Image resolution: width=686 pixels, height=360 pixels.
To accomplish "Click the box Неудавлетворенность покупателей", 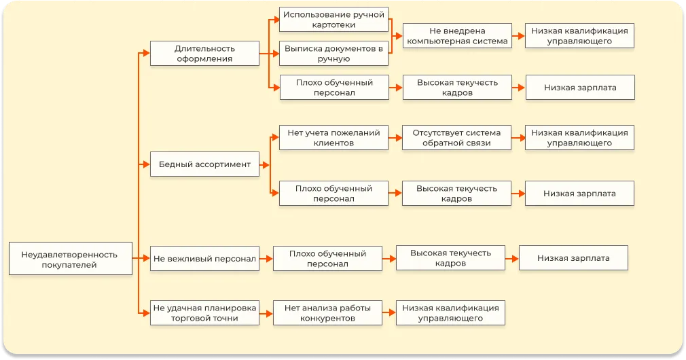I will coord(71,259).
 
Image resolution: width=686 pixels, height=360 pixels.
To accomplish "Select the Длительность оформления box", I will coord(204,54).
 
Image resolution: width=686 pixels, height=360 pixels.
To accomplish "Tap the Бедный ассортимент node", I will coord(204,164).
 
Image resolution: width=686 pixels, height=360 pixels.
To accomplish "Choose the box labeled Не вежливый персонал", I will coord(204,258).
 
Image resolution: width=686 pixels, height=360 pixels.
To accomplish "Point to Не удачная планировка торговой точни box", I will coord(204,312).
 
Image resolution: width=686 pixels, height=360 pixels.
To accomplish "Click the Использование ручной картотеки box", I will coord(333,20).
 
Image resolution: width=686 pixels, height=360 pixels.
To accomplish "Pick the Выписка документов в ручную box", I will coord(333,54).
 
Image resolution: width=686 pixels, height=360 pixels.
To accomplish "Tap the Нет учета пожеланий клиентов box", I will coord(333,138).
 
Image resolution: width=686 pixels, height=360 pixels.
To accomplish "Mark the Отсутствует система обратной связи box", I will coord(457,138).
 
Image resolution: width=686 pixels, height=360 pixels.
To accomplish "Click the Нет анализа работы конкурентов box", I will coord(327,312).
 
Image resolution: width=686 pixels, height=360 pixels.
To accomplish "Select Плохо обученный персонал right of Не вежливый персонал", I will coord(327,258).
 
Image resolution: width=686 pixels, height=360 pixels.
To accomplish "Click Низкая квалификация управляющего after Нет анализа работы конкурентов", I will coord(450,312).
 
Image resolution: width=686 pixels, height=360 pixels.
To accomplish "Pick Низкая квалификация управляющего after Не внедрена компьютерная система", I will coord(579,36).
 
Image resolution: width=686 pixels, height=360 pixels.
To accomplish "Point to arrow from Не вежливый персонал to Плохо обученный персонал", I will coord(266,258).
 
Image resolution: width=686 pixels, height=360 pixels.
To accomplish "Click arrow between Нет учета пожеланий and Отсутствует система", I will coord(395,138).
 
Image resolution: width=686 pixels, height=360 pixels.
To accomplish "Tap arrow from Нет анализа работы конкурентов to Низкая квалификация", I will coord(389,312).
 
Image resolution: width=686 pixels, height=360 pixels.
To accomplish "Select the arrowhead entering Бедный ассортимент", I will coord(145,164).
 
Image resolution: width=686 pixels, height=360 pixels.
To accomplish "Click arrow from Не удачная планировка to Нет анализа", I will coord(266,312).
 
